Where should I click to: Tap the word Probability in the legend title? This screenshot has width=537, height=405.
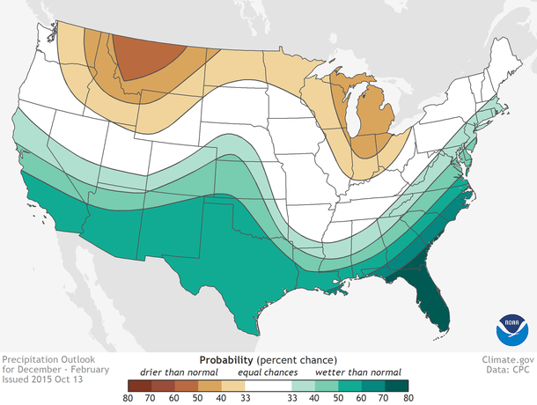pos(228,360)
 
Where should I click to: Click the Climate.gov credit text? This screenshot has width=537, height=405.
pos(508,360)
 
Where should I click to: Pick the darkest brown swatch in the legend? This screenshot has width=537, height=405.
pos(138,385)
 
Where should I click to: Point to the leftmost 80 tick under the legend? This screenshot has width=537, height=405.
pos(129,398)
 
